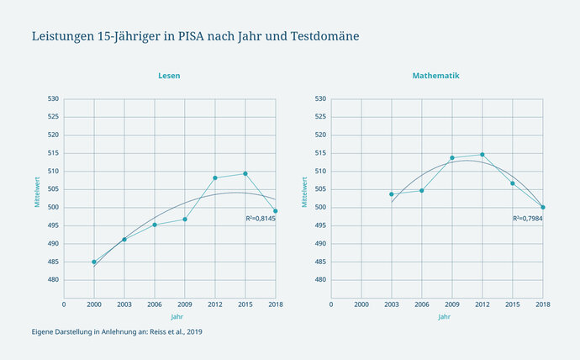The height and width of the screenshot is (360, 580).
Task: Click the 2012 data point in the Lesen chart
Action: click(x=215, y=177)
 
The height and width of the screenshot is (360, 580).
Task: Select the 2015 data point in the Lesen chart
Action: click(x=245, y=173)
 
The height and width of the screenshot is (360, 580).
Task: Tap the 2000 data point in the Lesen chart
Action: click(x=94, y=262)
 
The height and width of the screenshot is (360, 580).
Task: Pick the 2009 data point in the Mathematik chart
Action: click(x=452, y=157)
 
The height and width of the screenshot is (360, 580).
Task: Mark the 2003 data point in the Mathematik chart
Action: click(x=392, y=194)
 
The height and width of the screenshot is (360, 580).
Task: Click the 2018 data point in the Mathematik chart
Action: click(x=543, y=207)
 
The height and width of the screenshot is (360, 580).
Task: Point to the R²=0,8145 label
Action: click(x=261, y=218)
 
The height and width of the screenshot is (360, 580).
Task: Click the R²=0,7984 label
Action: click(x=528, y=218)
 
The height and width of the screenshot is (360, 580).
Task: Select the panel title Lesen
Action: click(x=169, y=76)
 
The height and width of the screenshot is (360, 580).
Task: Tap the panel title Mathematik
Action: click(x=435, y=76)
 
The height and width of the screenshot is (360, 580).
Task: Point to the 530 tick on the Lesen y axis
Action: click(x=52, y=98)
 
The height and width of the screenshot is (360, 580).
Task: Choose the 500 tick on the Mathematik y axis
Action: click(x=319, y=207)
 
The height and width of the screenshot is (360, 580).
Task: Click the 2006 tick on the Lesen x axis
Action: click(x=155, y=304)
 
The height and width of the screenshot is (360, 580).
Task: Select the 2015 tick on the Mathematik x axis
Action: click(x=513, y=304)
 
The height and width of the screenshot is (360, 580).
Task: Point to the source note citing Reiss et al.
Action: click(x=117, y=331)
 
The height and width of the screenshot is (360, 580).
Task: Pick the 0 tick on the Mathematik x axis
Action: click(x=331, y=304)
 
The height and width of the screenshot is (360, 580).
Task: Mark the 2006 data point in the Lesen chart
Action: click(x=155, y=225)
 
